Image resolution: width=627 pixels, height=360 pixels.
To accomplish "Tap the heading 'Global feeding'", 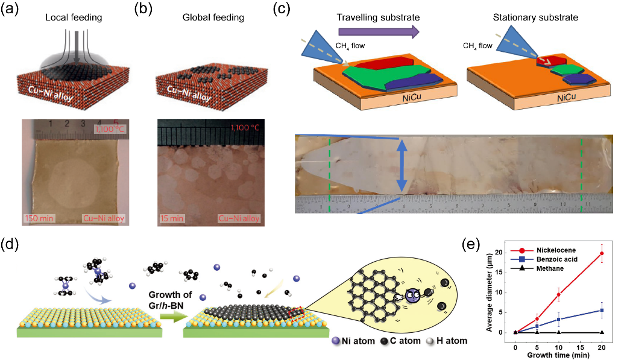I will click(x=213, y=17).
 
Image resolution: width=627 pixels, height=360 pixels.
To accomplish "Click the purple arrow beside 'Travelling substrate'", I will click(x=378, y=32).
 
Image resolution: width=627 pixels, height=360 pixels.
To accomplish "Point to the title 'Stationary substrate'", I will click(x=543, y=17).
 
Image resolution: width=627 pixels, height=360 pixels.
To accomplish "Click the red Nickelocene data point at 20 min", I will click(x=601, y=254).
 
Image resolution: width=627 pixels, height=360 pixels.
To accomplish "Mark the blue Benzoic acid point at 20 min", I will click(x=601, y=311).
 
